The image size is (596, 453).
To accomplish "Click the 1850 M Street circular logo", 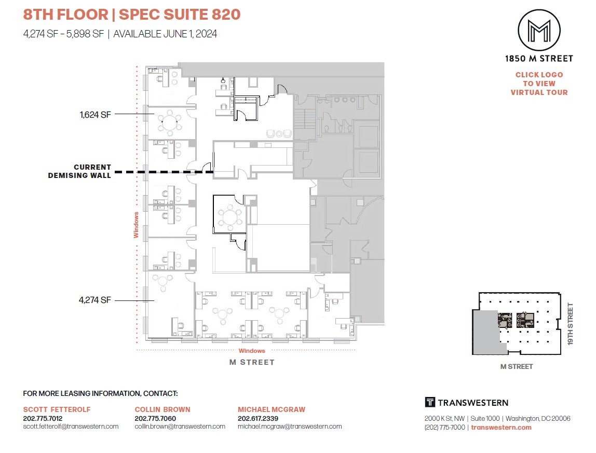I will click(539, 30).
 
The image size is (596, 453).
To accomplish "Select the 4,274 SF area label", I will click(96, 300).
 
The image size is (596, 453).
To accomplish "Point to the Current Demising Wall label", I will click(79, 171).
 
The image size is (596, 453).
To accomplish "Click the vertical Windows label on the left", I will click(136, 224).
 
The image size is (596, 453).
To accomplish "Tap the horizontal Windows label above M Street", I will click(252, 351).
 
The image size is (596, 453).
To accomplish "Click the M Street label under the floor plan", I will click(252, 362).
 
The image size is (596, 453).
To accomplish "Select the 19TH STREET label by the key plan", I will click(571, 324).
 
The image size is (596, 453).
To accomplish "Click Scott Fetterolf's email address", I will click(71, 427).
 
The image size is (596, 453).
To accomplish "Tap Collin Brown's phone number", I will click(155, 418).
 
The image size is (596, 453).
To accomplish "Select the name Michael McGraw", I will click(272, 409).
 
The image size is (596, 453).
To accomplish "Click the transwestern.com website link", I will click(501, 427).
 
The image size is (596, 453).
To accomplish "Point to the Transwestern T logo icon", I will click(429, 402).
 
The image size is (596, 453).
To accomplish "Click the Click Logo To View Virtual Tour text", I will click(539, 84).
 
